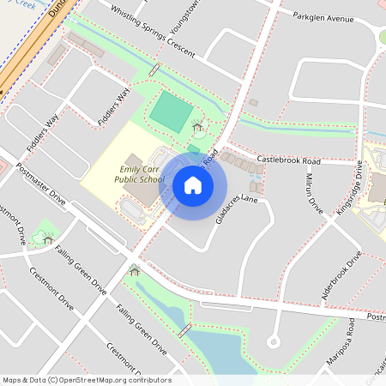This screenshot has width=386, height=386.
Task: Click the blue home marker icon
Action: point(193,184)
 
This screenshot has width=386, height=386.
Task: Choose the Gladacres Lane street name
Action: point(236,209)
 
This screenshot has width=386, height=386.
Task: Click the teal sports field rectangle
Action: point(172,112)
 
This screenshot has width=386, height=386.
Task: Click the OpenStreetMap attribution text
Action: point(87,379)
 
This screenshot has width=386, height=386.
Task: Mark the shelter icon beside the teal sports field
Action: point(198,128)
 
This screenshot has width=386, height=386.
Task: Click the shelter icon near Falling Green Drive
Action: point(134,272)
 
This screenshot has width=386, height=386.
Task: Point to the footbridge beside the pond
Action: point(184,330)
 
